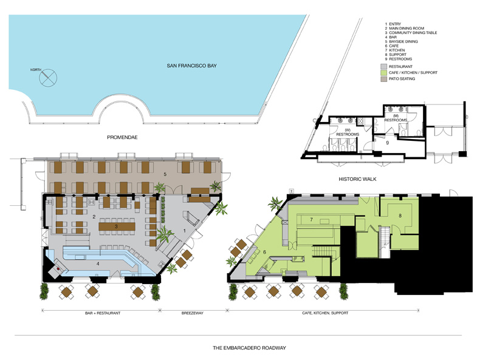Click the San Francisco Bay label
pyautogui.click(x=191, y=66)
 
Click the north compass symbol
pyautogui.click(x=48, y=77)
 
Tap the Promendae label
pyautogui.click(x=122, y=137)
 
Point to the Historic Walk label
pyautogui.click(x=357, y=179)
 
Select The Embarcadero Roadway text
pyautogui.click(x=250, y=348)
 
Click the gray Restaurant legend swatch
pyautogui.click(x=383, y=67)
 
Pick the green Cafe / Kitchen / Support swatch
pyautogui.click(x=383, y=73)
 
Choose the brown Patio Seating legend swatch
pyautogui.click(x=383, y=79)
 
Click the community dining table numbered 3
pyautogui.click(x=117, y=226)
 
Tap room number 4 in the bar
pyautogui.click(x=98, y=264)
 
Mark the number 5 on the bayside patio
pyautogui.click(x=165, y=174)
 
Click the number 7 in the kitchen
pyautogui.click(x=311, y=220)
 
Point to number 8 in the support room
pyautogui.click(x=400, y=216)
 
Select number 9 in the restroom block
pyautogui.click(x=387, y=143)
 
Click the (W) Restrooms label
pyautogui.click(x=348, y=132)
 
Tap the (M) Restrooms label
pyautogui.click(x=396, y=118)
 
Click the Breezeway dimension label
pyautogui.click(x=192, y=313)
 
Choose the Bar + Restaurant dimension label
pyautogui.click(x=103, y=313)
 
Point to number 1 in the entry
pyautogui.click(x=184, y=231)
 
